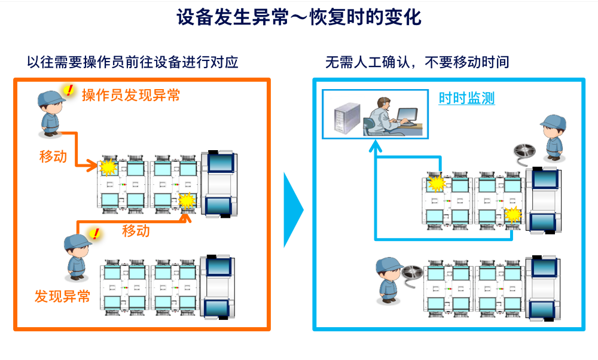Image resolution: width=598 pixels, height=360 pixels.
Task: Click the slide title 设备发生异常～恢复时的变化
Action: tap(298, 17)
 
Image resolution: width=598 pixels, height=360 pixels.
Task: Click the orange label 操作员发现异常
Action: tap(131, 94)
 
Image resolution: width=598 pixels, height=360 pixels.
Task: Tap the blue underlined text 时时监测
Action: tap(466, 99)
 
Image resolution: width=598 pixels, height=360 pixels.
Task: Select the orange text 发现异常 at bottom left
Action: tap(62, 296)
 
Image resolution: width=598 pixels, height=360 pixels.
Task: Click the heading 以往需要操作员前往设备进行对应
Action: tap(133, 62)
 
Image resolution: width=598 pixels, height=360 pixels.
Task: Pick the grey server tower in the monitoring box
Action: tap(347, 117)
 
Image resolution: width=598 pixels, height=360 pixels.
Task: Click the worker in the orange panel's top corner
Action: tap(50, 113)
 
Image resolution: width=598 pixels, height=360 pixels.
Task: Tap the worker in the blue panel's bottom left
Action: tap(388, 280)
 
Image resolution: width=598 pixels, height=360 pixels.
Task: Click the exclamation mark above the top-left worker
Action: tap(69, 90)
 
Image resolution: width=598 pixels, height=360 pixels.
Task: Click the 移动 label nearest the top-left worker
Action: tap(53, 157)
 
